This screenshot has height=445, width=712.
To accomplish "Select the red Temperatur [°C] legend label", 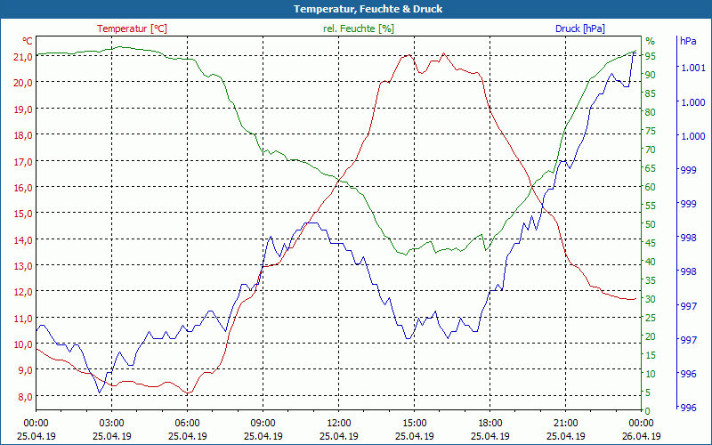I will [132, 28].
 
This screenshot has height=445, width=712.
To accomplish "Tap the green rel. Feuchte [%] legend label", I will [359, 28].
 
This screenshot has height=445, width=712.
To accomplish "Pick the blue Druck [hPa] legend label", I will [579, 28].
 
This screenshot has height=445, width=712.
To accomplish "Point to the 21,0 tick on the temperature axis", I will [21, 56].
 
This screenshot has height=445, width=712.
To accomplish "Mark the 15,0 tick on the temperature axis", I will [21, 214].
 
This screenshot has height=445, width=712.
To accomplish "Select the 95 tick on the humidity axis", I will [651, 56].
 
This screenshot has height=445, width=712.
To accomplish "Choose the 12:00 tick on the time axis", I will [338, 423].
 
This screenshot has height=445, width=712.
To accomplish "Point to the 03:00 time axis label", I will [111, 423].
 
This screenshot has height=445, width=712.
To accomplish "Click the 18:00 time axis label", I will [489, 423].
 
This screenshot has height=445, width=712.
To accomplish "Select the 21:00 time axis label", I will [565, 423].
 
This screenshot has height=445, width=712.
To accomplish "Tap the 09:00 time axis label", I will [263, 423].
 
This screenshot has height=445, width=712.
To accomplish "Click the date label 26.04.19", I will [641, 436].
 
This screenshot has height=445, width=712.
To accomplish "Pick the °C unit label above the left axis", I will [28, 41].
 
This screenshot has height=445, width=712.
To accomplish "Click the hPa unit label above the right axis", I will [688, 41].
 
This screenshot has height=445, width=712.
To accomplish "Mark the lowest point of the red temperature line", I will [188, 392].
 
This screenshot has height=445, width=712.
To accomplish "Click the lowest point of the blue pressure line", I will [100, 392].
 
